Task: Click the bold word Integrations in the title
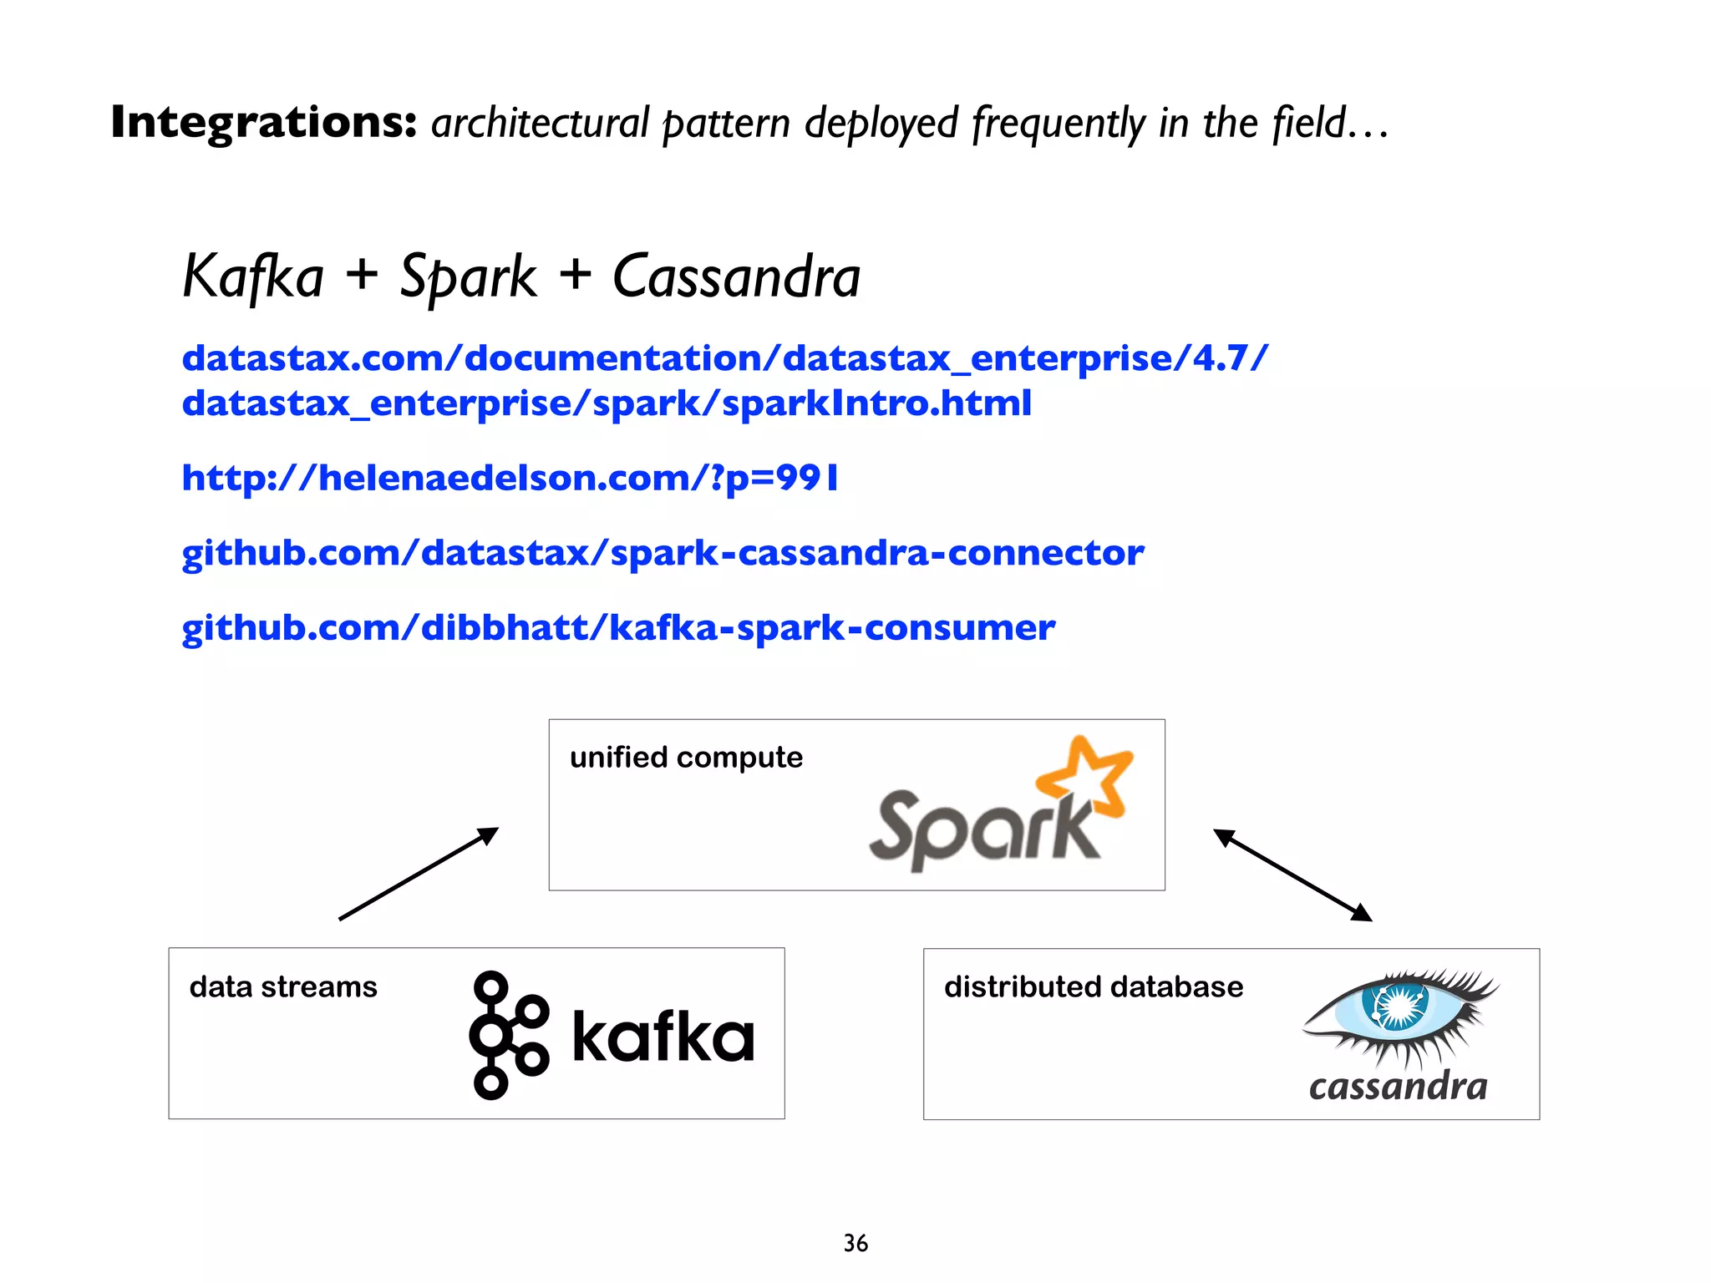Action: [x=263, y=123]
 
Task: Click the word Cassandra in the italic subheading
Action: [x=736, y=277]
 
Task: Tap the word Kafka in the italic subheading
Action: [x=253, y=277]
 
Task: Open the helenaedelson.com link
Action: [x=510, y=478]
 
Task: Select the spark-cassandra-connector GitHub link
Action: [x=663, y=553]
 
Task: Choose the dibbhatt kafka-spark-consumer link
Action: [x=618, y=628]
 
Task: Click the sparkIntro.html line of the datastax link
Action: [x=607, y=403]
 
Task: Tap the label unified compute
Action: [x=686, y=758]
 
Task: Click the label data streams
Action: [x=283, y=987]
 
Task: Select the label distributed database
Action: [x=1093, y=987]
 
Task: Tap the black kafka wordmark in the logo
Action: [x=663, y=1036]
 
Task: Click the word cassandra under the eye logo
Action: [x=1398, y=1086]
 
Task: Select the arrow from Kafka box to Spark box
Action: [x=419, y=874]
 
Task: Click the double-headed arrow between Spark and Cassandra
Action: [x=1292, y=875]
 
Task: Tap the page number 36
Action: [x=855, y=1243]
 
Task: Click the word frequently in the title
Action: [x=1059, y=124]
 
